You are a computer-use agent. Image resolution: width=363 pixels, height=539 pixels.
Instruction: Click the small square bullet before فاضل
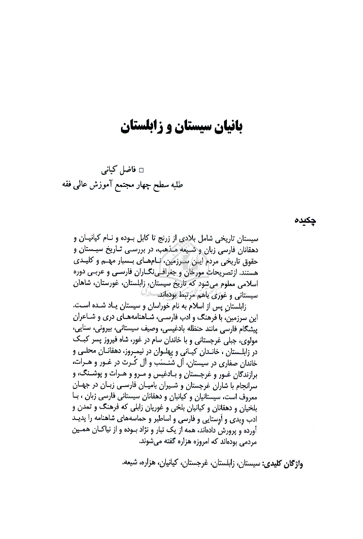coord(141,171)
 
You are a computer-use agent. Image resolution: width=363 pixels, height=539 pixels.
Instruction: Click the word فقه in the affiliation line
coord(67,185)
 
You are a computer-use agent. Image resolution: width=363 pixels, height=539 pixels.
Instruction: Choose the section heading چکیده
coord(307,220)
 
